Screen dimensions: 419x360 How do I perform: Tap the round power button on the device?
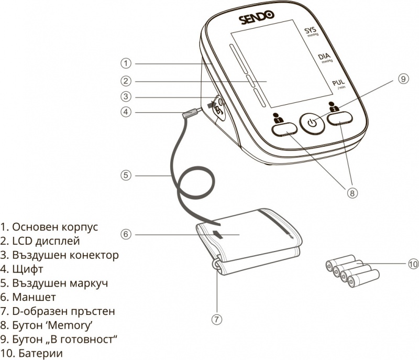click(x=312, y=123)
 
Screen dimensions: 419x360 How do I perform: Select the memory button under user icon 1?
click(x=284, y=129)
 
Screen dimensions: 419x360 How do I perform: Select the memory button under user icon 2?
click(x=340, y=118)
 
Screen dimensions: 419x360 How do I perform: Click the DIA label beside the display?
click(x=325, y=58)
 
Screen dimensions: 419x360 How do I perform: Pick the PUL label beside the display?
click(x=338, y=84)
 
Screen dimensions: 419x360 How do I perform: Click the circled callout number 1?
click(x=126, y=63)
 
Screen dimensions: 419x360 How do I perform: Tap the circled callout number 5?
click(x=126, y=176)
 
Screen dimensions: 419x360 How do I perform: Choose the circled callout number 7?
click(x=217, y=319)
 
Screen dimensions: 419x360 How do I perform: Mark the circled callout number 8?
click(x=352, y=193)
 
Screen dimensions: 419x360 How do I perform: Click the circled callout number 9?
click(x=403, y=79)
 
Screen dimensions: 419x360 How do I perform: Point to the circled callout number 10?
click(x=413, y=264)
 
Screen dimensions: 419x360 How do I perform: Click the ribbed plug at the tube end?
click(x=190, y=113)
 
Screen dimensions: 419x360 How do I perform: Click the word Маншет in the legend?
click(x=34, y=297)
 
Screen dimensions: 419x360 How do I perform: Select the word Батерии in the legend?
click(x=41, y=353)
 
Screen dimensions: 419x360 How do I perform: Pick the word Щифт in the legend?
click(x=28, y=269)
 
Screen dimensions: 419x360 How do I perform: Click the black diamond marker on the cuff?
click(x=218, y=234)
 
